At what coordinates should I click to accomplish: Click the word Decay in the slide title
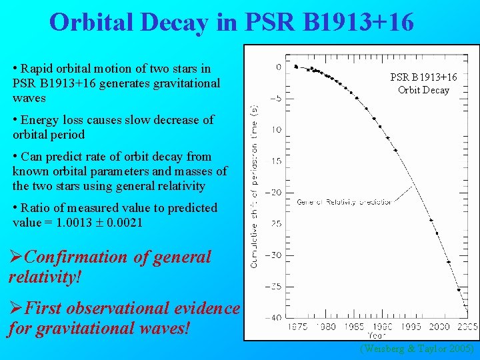click(183, 23)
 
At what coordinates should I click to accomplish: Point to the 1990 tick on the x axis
click(382, 327)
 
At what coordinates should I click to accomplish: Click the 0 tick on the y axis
click(278, 67)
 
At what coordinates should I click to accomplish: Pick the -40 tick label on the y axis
click(273, 317)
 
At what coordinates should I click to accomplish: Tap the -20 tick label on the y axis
click(273, 192)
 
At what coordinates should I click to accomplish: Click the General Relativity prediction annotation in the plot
click(344, 201)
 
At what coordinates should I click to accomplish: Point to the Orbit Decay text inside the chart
click(423, 90)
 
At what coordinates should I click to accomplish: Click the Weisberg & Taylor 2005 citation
click(417, 349)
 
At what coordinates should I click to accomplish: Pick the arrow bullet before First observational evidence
click(15, 309)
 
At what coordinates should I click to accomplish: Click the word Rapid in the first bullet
click(37, 69)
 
